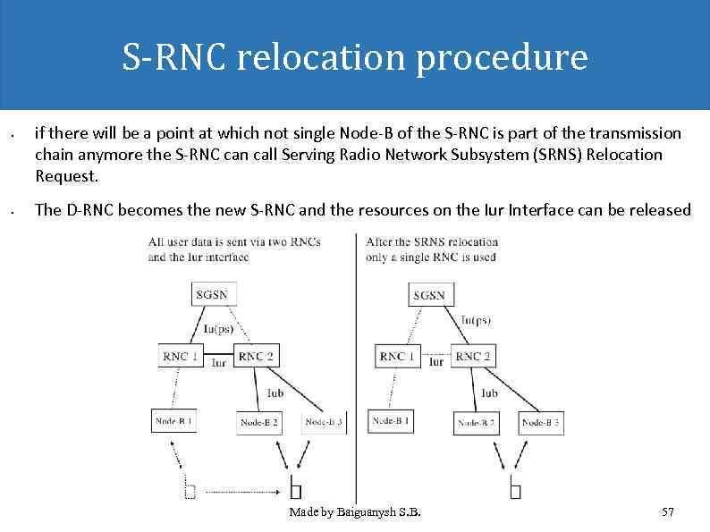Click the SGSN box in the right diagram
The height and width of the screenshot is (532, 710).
coord(430,295)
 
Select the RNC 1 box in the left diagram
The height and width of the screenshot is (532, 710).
coord(182,356)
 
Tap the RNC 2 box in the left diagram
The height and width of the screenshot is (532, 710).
coord(256,356)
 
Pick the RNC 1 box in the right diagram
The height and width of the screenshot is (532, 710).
coord(398,356)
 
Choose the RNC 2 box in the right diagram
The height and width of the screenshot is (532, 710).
coord(473,356)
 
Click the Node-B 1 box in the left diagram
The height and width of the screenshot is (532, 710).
coord(173,420)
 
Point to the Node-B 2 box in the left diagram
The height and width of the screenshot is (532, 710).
coord(258,422)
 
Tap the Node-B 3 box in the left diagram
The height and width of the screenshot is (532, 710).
coord(324,422)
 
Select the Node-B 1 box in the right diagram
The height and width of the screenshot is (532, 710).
coord(391,420)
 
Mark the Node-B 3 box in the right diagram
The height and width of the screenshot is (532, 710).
coord(541,422)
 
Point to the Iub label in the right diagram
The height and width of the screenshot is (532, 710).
coord(489,393)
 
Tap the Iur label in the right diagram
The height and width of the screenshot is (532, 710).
coord(435,362)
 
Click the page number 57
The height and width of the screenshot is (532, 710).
coord(667,512)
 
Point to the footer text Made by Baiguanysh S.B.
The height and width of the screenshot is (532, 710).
coord(355,512)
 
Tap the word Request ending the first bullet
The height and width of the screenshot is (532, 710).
coord(64,175)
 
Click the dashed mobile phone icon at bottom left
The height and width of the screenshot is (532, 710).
coord(190,489)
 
